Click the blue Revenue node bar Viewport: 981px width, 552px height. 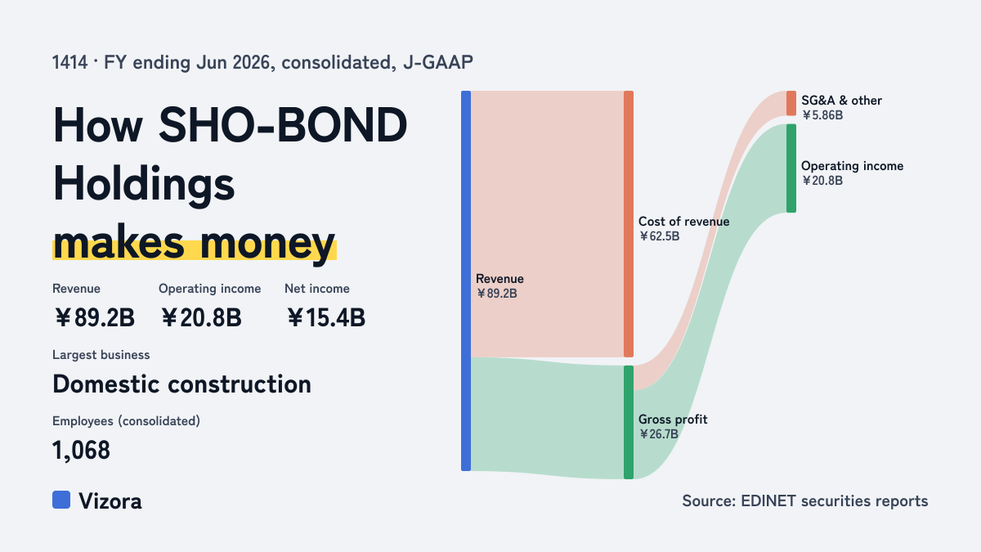pos(466,280)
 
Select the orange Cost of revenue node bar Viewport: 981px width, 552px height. pos(629,224)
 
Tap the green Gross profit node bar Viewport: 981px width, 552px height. pos(629,422)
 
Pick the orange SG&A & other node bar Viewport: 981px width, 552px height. pos(791,103)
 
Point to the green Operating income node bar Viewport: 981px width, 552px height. pos(791,168)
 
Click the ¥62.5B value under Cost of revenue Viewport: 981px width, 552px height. pos(659,236)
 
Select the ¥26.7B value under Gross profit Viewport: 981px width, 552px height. pos(658,434)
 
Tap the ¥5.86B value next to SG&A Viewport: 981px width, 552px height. pos(822,115)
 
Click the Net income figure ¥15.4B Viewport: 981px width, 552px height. pos(326,317)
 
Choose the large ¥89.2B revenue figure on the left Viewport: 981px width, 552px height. pos(94,317)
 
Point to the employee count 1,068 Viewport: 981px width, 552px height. pos(81,451)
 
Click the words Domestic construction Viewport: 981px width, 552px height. pos(181,384)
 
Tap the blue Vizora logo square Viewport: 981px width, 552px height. pos(61,500)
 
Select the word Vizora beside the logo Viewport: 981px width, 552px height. pos(110,501)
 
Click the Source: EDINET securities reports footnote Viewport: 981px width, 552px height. pos(805,500)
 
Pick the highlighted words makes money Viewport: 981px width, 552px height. pos(194,244)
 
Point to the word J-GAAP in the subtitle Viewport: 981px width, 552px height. pos(438,62)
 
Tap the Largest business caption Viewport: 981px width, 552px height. pos(101,355)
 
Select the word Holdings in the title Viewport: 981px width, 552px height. pos(144,185)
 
